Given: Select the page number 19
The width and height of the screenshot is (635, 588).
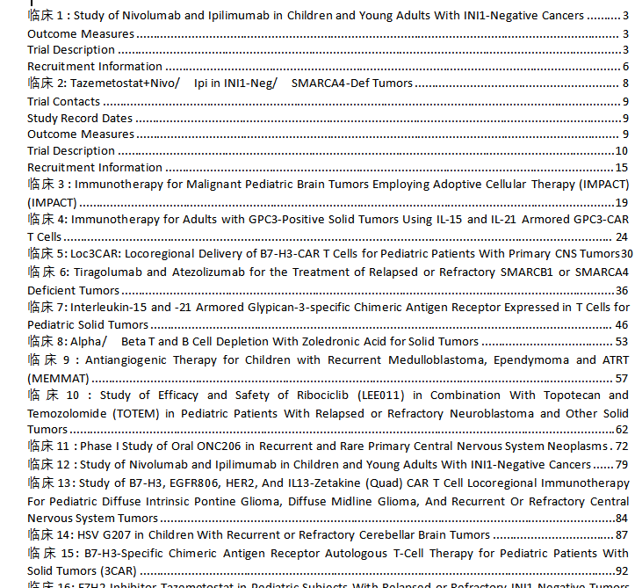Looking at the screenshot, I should (621, 202).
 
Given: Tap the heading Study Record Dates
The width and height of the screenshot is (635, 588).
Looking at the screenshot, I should (80, 118).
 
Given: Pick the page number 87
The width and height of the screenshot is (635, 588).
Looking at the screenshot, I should (621, 534).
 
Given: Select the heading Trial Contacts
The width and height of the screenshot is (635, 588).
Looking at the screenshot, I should (64, 101).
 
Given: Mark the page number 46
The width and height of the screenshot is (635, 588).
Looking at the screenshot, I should (621, 325).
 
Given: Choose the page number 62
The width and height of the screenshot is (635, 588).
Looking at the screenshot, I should (622, 430).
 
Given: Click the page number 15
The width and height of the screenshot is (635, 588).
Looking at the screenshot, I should (621, 167).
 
